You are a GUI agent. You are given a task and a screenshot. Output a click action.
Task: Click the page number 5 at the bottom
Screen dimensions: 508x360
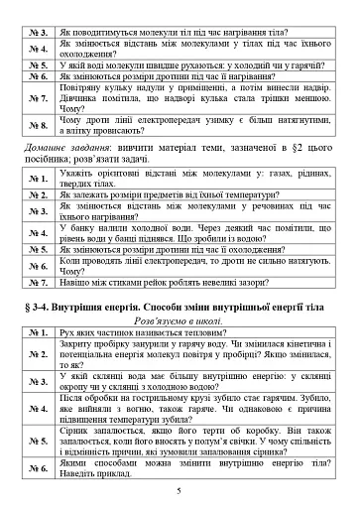pos(180,490)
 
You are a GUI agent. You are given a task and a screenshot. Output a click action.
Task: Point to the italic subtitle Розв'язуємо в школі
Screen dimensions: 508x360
pos(180,322)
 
